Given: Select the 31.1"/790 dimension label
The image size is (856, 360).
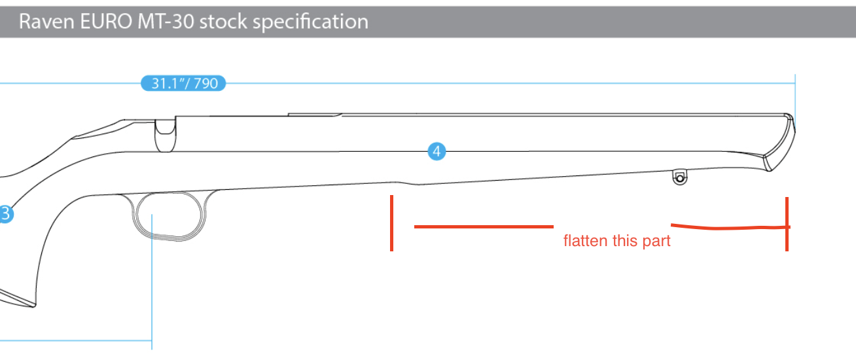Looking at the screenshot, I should pyautogui.click(x=183, y=84).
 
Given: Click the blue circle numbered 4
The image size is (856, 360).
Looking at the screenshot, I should pyautogui.click(x=437, y=152).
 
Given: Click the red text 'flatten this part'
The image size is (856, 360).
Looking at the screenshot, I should pyautogui.click(x=617, y=241).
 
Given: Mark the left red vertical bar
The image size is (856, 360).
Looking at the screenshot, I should pyautogui.click(x=391, y=223).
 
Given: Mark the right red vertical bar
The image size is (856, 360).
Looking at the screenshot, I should pyautogui.click(x=787, y=224).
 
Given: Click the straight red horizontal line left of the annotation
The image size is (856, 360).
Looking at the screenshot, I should pyautogui.click(x=484, y=226).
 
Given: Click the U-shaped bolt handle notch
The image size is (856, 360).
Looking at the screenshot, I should pyautogui.click(x=164, y=134).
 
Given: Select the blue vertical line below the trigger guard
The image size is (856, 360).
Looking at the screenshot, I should pyautogui.click(x=152, y=288).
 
